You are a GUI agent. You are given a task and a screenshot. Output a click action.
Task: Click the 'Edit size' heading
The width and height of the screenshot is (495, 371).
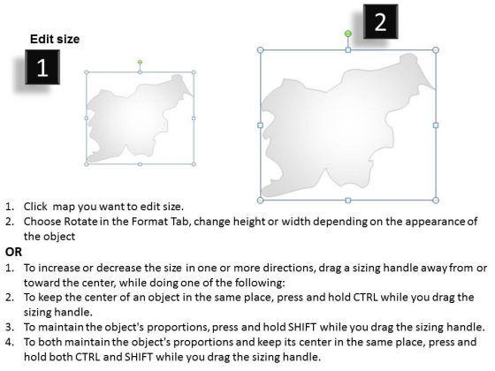point(55,39)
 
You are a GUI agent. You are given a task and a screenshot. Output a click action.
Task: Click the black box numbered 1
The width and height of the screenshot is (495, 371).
point(42,67)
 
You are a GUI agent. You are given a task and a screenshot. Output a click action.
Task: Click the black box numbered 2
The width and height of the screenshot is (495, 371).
point(380,21)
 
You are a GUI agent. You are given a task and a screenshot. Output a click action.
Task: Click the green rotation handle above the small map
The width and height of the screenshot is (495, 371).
point(140,62)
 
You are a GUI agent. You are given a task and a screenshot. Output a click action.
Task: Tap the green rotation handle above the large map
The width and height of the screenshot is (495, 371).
point(348,34)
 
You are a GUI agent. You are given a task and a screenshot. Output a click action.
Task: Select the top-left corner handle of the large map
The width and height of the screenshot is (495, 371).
point(261,49)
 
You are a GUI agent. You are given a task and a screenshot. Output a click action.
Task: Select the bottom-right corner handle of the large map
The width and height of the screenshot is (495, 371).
point(436,200)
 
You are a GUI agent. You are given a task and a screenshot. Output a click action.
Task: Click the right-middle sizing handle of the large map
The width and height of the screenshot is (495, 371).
point(436,125)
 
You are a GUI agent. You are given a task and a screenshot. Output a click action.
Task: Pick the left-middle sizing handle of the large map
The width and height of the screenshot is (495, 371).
point(261,125)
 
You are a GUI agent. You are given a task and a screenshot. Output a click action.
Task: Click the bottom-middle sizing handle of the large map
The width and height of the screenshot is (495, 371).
point(348,200)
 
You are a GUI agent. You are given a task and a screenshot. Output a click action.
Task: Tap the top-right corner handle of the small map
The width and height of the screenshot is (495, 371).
point(194,72)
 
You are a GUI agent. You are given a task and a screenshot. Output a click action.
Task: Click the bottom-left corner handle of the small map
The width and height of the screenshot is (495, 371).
point(87,164)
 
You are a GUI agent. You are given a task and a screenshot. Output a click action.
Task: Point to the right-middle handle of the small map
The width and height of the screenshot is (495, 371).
point(194,118)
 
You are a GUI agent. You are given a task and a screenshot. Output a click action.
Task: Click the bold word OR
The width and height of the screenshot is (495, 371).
point(13,252)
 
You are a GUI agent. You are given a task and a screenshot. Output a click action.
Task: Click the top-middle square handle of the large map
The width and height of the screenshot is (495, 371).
point(348,49)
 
